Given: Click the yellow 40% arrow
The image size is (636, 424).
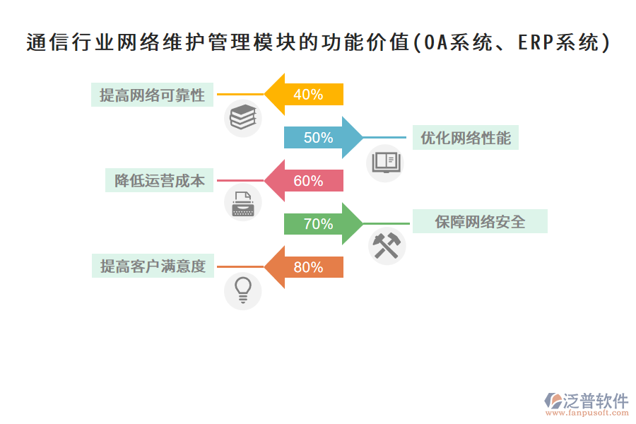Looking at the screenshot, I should (x=305, y=94).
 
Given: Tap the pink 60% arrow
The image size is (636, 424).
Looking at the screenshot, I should (x=305, y=181).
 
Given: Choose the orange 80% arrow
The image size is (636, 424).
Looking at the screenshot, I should (x=305, y=267).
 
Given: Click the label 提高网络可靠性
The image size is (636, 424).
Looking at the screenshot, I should (x=152, y=95).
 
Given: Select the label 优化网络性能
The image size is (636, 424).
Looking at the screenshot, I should (x=466, y=138).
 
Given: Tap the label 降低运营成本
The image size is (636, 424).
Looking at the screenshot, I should (x=160, y=181).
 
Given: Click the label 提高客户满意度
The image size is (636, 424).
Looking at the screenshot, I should (x=153, y=266).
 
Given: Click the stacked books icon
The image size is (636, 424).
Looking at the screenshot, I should (x=242, y=117).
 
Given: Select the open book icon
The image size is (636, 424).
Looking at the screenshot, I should (x=387, y=162).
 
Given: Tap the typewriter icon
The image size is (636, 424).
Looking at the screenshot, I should (x=242, y=204).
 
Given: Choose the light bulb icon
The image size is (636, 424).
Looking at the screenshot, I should (x=242, y=290).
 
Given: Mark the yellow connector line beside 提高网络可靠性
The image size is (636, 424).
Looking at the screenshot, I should (x=240, y=94).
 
